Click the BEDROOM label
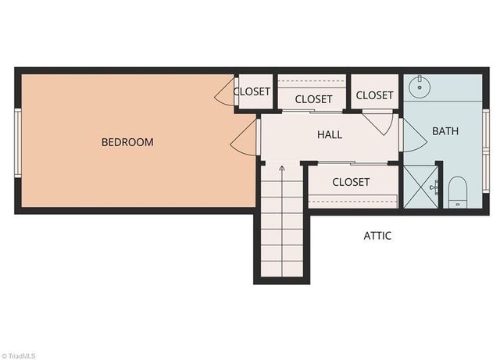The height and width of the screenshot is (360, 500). click(x=127, y=142)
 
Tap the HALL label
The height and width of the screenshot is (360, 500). click(x=330, y=134)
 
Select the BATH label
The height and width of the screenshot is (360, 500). click(x=445, y=130)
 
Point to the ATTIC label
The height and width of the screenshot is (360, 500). click(x=377, y=236)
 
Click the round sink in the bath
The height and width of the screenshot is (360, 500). click(x=420, y=87)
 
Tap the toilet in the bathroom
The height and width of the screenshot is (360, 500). click(x=458, y=192)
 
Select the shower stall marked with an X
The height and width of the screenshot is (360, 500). click(x=421, y=187)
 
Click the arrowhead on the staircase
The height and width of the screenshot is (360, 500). click(x=282, y=169)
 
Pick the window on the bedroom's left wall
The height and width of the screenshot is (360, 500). click(x=18, y=143)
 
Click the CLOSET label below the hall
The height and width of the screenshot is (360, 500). click(x=351, y=182)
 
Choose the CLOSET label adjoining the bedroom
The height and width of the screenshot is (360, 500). click(x=252, y=91)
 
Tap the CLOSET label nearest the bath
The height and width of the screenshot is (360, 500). click(x=374, y=95)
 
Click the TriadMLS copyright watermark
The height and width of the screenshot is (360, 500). click(x=18, y=356)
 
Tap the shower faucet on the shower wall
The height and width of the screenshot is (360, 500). click(x=434, y=187)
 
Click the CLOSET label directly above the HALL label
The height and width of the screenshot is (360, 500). click(x=313, y=99)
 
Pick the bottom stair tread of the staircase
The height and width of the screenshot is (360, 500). click(x=282, y=269)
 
